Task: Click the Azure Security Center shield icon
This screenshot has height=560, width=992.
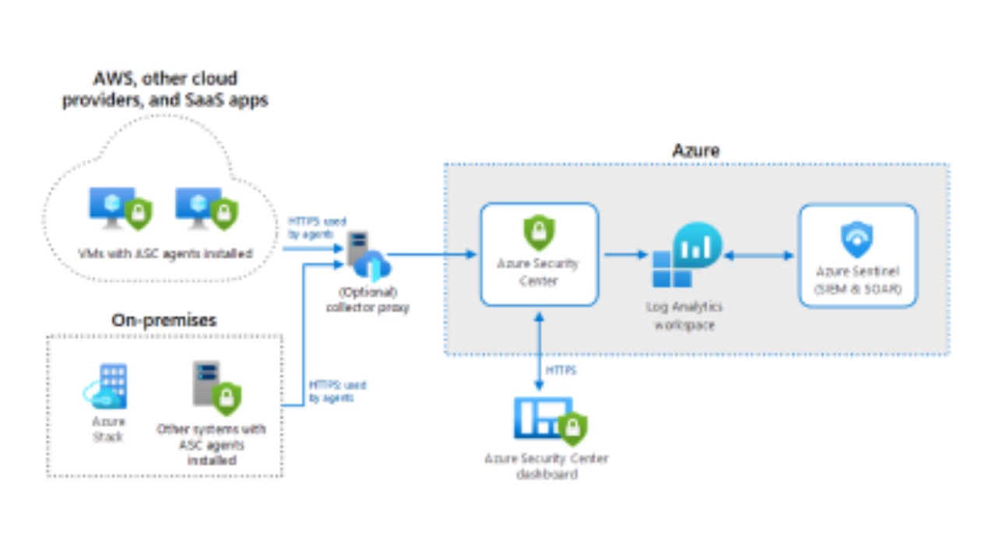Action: coord(538,230)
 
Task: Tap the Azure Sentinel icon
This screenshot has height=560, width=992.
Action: coord(857,239)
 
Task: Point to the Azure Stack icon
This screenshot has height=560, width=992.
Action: coord(107,387)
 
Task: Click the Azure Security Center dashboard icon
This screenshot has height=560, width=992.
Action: coord(549,420)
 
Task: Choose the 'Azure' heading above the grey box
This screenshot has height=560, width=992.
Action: coord(695,150)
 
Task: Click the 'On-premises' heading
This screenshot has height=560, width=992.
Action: coord(164,320)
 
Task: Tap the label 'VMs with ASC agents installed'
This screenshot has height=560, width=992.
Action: coord(164,254)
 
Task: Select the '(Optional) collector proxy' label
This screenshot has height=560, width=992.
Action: coord(367,300)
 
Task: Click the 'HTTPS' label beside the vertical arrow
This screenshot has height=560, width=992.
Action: coord(561,371)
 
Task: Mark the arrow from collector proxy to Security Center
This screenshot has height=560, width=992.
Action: coord(433,254)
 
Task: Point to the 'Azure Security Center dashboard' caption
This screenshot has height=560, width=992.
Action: coord(546,466)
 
